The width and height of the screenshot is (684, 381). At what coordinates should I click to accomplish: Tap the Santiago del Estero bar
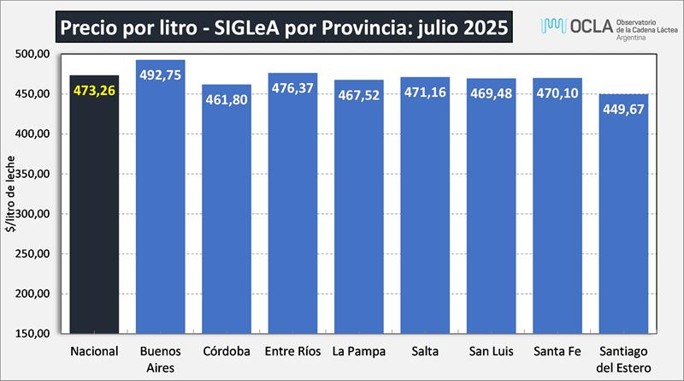point(623,223)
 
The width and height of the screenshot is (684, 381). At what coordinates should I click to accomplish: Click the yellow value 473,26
point(94,92)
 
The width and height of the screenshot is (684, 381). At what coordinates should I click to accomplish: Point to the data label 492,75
point(161,74)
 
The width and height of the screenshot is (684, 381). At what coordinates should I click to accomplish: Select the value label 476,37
point(293,88)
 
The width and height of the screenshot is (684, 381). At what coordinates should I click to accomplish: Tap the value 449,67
point(623,110)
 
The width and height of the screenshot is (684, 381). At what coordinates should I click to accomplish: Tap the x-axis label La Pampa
point(359,351)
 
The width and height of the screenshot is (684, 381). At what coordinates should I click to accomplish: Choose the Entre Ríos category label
point(292,351)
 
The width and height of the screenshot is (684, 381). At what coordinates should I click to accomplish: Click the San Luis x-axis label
point(491,351)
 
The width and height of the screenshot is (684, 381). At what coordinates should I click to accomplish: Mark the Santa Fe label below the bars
point(557,351)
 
